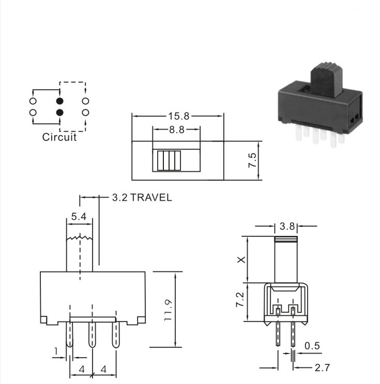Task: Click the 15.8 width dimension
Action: (x=178, y=116)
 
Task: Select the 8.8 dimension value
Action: (x=177, y=130)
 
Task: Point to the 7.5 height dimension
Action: (x=252, y=161)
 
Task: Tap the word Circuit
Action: (x=59, y=137)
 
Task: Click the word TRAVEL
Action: (x=151, y=197)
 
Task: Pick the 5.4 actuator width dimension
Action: (x=79, y=216)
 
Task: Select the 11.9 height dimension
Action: (x=169, y=310)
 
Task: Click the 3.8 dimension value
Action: (x=287, y=226)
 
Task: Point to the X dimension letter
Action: (x=241, y=260)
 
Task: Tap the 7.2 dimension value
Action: (x=240, y=299)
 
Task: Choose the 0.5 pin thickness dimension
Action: (x=312, y=346)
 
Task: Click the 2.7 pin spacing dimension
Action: (x=322, y=367)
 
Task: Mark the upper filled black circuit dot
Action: (x=59, y=101)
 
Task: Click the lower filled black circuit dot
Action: (x=59, y=113)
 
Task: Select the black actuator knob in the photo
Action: (x=326, y=79)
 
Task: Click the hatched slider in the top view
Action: (x=169, y=161)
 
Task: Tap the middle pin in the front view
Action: (x=92, y=334)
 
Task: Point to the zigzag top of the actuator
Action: (x=80, y=237)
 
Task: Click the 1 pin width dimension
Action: (x=56, y=351)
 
